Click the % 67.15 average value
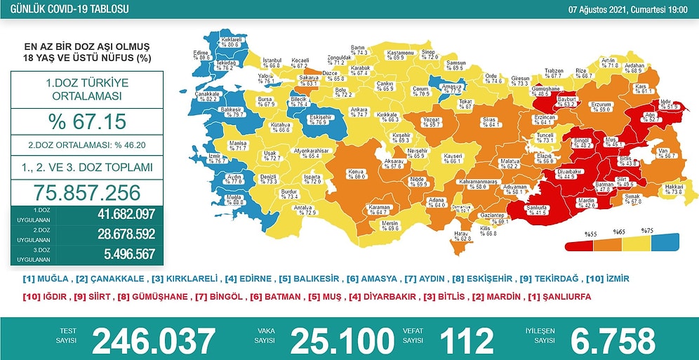[87, 121]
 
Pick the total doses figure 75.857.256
[87, 192]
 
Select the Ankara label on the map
[359, 111]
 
